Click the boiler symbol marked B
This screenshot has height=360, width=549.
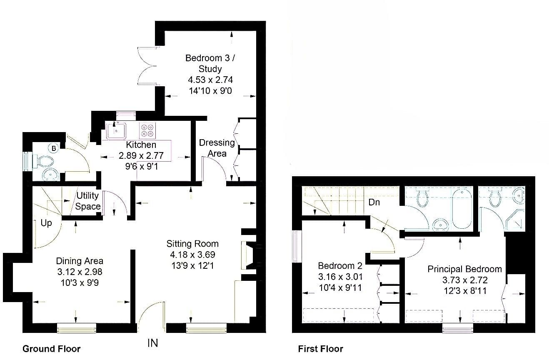(54, 148)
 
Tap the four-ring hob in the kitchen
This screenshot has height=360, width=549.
(147, 130)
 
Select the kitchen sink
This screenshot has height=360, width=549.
(116, 130)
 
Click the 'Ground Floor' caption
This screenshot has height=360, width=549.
(52, 349)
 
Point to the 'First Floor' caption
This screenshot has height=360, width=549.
(321, 349)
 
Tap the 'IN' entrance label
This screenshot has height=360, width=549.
(153, 343)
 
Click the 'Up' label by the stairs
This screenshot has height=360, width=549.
(46, 223)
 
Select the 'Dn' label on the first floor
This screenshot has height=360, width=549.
(374, 202)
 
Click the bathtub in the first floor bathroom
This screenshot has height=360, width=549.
(462, 210)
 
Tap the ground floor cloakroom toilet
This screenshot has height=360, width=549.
(45, 161)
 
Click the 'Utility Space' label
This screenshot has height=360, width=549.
(88, 201)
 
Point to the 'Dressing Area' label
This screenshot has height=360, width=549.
(217, 148)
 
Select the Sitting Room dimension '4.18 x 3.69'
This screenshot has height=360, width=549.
(192, 255)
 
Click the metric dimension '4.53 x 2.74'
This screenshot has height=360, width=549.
(210, 80)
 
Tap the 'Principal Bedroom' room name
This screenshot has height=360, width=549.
(465, 269)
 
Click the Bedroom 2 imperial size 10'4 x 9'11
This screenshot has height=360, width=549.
(340, 287)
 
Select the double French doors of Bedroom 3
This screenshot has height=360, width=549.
(147, 66)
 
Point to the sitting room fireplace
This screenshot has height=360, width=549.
(249, 255)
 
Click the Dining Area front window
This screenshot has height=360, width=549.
(77, 328)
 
